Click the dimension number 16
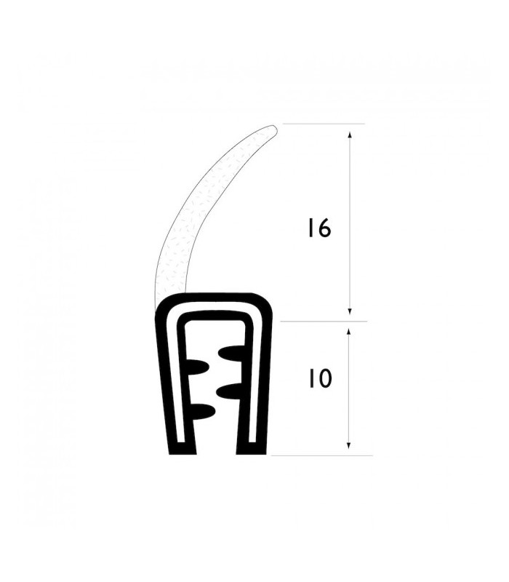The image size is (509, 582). (319, 228)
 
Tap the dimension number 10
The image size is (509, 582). (319, 379)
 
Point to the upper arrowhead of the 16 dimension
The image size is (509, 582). (350, 135)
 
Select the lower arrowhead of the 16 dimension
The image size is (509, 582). (350, 311)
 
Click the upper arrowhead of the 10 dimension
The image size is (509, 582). (349, 332)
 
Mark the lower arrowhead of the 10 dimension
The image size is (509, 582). (349, 445)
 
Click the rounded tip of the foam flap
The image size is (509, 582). (273, 129)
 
